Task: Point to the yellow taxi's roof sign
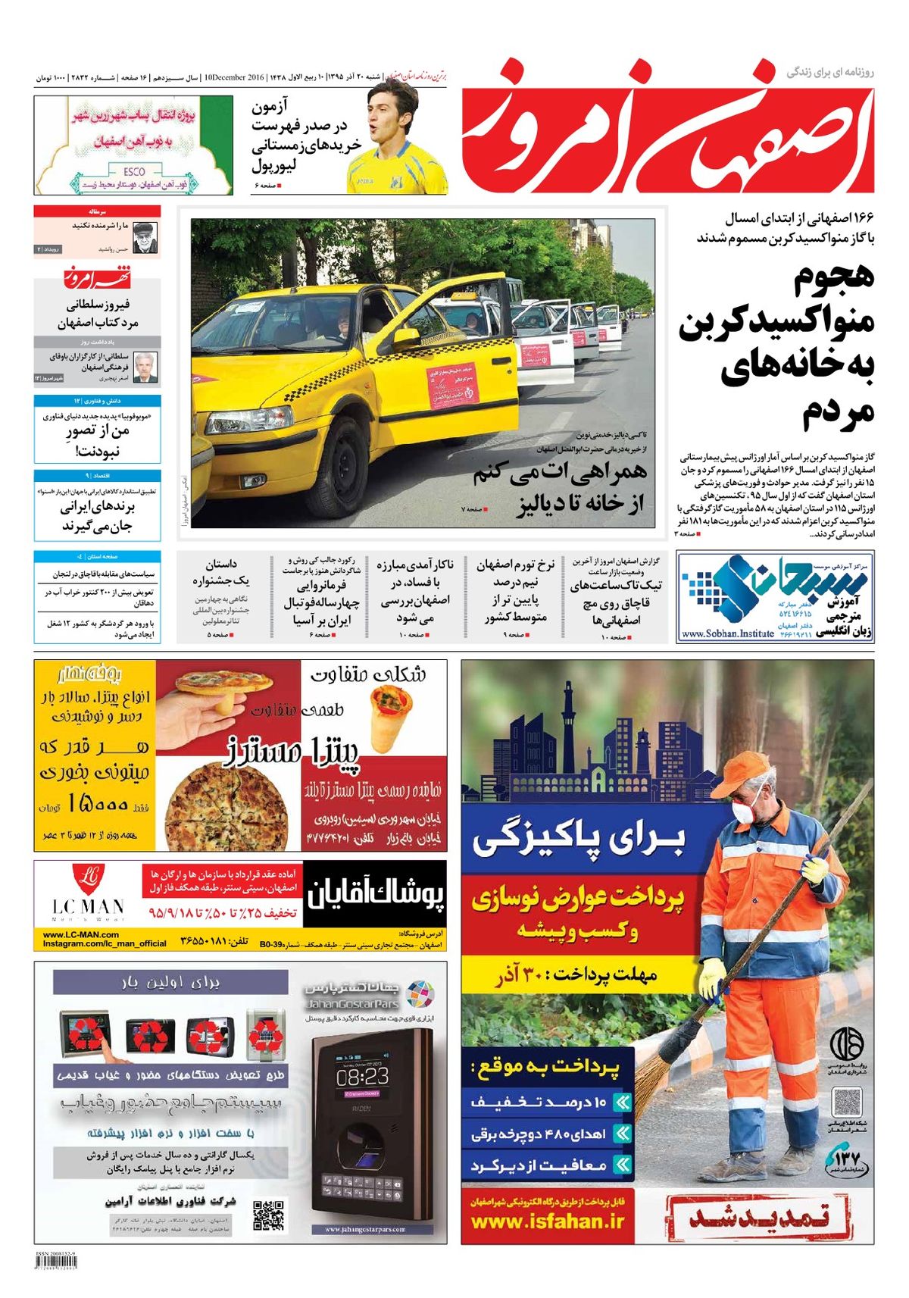[464, 299]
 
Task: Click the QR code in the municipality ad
[847, 1103]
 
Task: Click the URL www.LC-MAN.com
[81, 934]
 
